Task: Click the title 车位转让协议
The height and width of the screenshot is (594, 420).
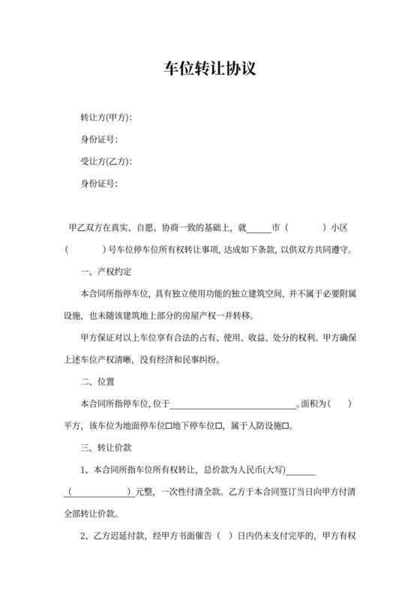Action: point(210,69)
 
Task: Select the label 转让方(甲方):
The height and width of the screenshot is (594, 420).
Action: point(106,118)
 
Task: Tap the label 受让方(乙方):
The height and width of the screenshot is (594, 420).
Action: point(106,161)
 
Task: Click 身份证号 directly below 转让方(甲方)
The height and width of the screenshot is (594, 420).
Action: point(99,139)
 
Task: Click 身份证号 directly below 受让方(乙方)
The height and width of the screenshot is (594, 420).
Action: point(99,183)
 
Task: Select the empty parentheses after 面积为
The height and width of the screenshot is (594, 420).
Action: point(340,404)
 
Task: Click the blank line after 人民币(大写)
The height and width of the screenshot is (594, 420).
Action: point(301,471)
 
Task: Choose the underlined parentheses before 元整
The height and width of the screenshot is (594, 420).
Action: point(100,493)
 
